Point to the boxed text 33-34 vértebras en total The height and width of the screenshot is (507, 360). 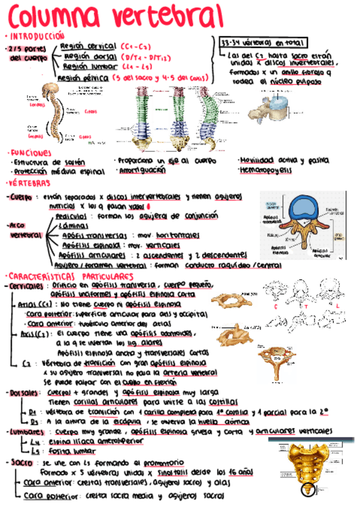tap(263, 43)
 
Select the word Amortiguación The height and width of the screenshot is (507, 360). tap(142, 170)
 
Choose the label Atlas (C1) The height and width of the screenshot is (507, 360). tap(35, 304)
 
